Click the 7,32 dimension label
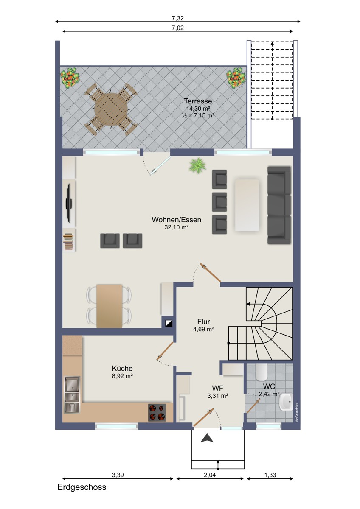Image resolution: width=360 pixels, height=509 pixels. coord(178,18)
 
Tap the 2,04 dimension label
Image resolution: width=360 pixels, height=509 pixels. coord(210,475)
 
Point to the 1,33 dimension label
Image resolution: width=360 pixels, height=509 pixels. coord(270,475)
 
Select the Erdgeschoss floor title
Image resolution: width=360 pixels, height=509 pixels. coord(82,487)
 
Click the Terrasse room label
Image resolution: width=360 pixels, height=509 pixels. coord(198,101)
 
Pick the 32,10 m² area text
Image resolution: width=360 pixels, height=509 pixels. coord(177,227)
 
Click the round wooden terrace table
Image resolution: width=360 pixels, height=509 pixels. coord(111,109)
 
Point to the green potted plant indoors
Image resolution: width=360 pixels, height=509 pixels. coord(197,166)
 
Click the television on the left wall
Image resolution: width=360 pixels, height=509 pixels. coord(69,203)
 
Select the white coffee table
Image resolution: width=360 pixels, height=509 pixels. coord(247,205)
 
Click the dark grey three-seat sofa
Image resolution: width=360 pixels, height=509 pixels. coord(279,205)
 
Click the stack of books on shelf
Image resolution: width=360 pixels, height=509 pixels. coord(68,242)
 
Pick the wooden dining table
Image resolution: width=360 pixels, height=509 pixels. coord(110,306)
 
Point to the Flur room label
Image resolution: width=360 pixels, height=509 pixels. coord(203,322)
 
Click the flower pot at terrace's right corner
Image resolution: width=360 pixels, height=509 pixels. coord(236,78)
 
